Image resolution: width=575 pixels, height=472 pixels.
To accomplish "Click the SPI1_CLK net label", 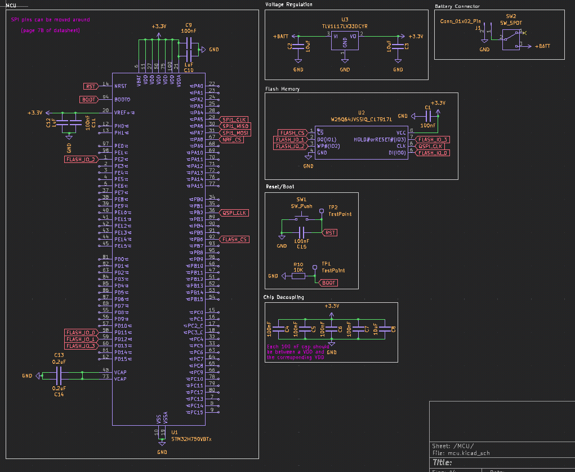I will (235, 120).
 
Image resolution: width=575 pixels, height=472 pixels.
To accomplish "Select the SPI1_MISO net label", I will (235, 126).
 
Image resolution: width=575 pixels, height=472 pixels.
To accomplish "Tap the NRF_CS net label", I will (232, 139).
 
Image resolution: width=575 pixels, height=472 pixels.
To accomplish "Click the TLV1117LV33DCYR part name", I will (344, 26).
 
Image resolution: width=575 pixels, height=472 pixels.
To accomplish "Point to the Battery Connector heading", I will (457, 6).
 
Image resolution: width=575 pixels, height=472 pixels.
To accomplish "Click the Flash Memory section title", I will (282, 89).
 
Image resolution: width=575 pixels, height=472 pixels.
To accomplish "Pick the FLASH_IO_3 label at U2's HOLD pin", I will (433, 139).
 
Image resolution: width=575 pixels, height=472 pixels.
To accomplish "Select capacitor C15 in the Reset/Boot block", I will (301, 232).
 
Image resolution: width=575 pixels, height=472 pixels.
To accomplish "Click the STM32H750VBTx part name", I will (191, 438).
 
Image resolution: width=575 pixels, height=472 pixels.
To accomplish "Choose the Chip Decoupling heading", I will (284, 297).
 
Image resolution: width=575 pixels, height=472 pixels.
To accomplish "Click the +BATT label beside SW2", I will (542, 46).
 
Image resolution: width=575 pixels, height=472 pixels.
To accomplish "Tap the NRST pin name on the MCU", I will (121, 86).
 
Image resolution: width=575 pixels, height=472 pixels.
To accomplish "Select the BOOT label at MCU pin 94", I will (89, 99).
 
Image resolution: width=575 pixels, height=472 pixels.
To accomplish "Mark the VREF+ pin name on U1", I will (123, 113).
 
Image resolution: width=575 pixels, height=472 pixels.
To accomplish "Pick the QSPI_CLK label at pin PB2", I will (234, 213).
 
